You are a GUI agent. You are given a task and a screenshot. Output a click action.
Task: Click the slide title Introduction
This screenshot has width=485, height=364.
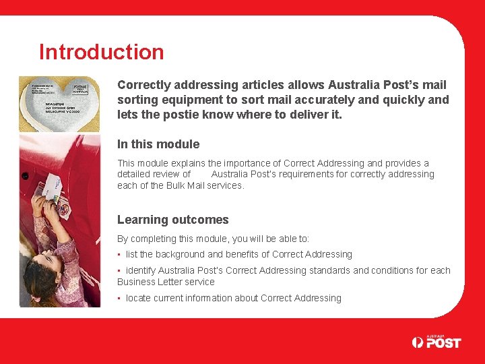(x=101, y=52)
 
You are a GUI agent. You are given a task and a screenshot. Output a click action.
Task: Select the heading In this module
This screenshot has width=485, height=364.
(x=158, y=144)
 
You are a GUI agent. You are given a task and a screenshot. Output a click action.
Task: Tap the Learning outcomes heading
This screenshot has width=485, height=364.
(x=173, y=220)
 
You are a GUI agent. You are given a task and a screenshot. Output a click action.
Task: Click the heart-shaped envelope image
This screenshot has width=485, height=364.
(x=59, y=103)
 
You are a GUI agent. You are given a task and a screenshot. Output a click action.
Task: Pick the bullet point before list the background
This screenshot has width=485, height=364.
(x=119, y=255)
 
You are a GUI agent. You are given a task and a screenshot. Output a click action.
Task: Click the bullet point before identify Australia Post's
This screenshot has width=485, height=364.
(x=119, y=271)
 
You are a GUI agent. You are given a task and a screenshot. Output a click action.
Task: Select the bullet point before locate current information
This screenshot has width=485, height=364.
(x=119, y=299)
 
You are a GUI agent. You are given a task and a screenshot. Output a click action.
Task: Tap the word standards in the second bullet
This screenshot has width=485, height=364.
(x=330, y=271)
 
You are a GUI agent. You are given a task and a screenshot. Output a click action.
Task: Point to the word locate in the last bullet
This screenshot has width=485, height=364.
(x=138, y=299)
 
